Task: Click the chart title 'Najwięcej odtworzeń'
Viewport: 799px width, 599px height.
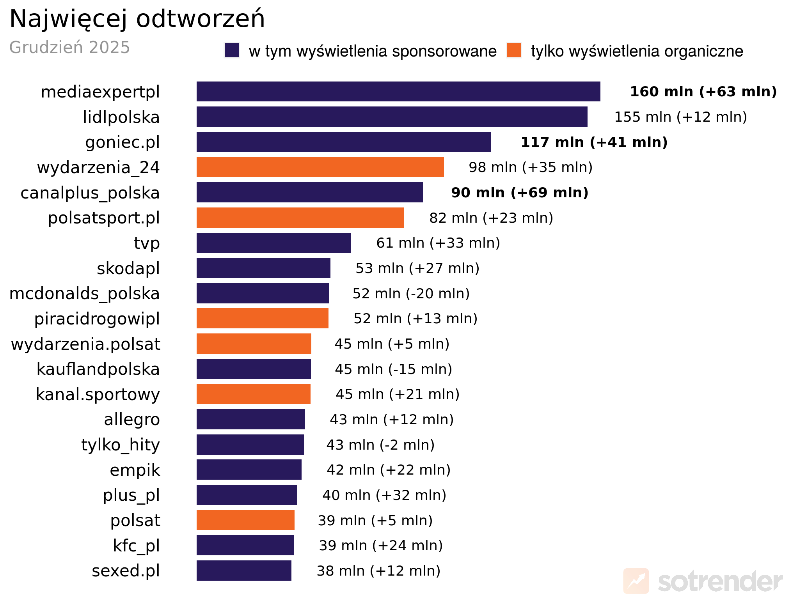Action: [x=137, y=19]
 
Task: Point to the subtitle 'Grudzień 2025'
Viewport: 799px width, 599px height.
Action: [x=69, y=48]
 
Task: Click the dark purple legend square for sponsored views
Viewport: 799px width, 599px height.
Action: [x=231, y=51]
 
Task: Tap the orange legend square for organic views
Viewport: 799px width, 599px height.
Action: [x=514, y=51]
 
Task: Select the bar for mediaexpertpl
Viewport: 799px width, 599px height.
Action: [x=398, y=92]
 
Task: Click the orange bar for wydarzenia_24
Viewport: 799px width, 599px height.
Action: [x=320, y=167]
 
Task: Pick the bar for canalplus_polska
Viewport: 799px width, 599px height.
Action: [x=310, y=192]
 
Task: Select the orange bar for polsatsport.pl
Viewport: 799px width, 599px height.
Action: [x=300, y=218]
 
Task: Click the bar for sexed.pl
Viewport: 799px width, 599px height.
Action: [x=244, y=571]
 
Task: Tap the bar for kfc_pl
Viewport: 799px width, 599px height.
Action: [x=245, y=545]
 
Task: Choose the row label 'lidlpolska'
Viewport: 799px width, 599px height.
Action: [x=121, y=117]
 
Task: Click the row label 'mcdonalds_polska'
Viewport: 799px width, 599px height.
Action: [x=84, y=294]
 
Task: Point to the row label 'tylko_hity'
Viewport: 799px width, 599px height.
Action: [x=121, y=445]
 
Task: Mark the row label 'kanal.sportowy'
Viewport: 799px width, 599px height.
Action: [x=98, y=394]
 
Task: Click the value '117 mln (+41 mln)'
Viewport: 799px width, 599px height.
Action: [x=594, y=142]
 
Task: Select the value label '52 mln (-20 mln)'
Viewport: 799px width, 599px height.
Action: [x=411, y=294]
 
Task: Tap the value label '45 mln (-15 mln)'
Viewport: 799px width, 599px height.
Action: [x=393, y=369]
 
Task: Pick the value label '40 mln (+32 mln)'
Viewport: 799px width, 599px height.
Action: [x=384, y=495]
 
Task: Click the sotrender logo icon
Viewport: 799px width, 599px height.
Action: [x=636, y=581]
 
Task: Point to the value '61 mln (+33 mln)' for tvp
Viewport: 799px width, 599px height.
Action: [x=438, y=243]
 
